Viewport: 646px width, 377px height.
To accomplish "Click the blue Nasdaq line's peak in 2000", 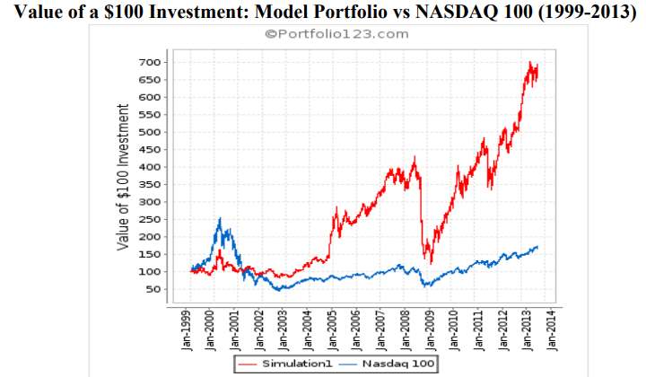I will tap(220, 219).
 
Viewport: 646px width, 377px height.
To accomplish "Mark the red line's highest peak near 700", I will tap(531, 63).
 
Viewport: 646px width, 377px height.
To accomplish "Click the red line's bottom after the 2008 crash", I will tap(432, 262).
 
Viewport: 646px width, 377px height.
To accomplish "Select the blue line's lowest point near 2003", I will tap(280, 290).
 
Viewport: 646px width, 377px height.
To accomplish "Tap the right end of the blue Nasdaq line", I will tap(537, 247).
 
